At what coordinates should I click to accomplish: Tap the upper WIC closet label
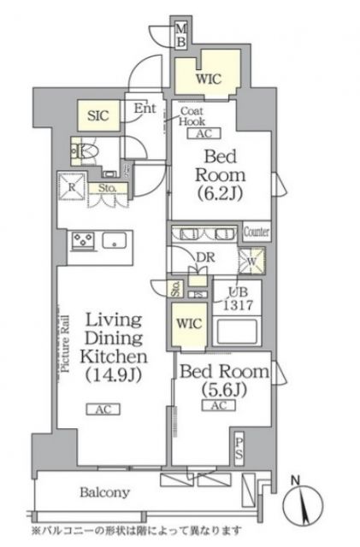pyautogui.click(x=208, y=79)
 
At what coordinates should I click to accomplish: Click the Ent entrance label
pyautogui.click(x=145, y=109)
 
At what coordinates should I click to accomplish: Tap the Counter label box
pyautogui.click(x=256, y=232)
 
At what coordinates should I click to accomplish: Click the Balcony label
pyautogui.click(x=105, y=492)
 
